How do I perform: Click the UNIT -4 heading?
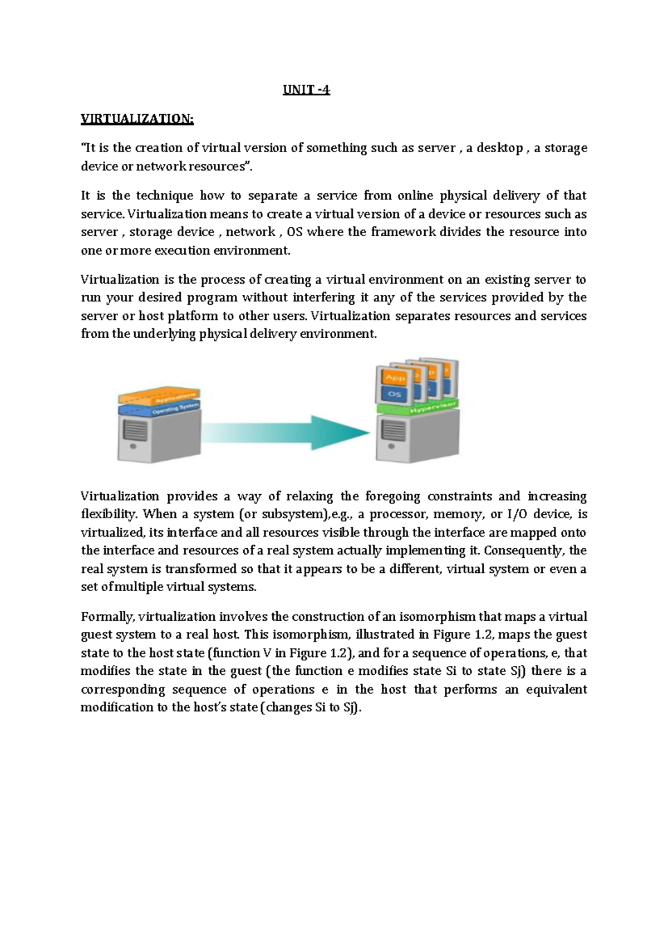(x=306, y=90)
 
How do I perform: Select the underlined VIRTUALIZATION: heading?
(x=137, y=119)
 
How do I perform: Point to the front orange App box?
(x=395, y=378)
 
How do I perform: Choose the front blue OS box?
(x=395, y=394)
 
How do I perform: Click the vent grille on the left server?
(x=135, y=431)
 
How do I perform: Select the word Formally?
(x=107, y=617)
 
